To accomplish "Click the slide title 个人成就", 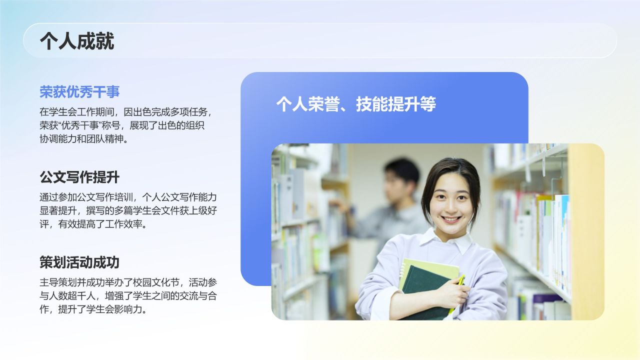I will click(x=77, y=41).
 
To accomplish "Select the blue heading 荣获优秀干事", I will click(x=79, y=92).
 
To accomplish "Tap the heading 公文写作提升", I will click(x=79, y=177).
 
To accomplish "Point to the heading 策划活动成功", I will click(x=79, y=262).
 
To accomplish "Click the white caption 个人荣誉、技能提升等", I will click(x=356, y=104).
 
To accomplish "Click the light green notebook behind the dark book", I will click(x=430, y=267).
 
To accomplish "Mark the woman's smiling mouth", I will click(x=451, y=218).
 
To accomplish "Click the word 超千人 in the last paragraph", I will click(x=85, y=295).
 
